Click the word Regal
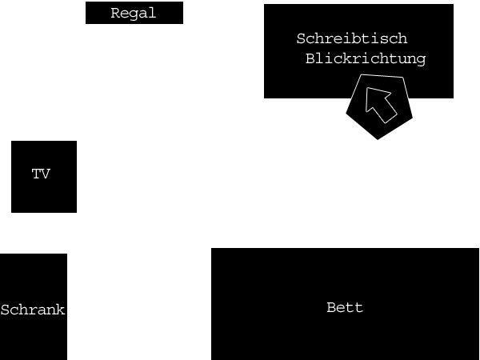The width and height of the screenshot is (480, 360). [134, 14]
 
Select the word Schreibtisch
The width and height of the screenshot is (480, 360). [352, 38]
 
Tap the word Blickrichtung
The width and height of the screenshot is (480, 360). [366, 58]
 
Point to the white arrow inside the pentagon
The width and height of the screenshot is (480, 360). [380, 104]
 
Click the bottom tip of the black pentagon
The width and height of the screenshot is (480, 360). [378, 138]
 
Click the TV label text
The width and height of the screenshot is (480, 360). [41, 174]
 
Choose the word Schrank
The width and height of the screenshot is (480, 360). [33, 310]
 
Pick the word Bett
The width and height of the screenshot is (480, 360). [345, 307]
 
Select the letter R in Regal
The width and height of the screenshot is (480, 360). [115, 14]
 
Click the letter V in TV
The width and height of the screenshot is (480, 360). [46, 174]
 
